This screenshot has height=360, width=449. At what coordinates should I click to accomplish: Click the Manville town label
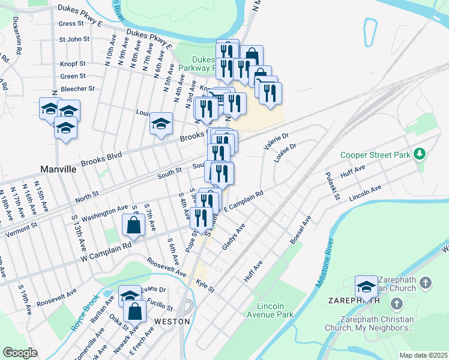[x=58, y=169]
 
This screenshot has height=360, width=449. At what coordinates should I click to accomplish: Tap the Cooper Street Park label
[x=374, y=155]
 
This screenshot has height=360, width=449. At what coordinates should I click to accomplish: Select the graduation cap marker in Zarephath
[x=366, y=286]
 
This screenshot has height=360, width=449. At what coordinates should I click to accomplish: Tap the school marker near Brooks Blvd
[x=161, y=124]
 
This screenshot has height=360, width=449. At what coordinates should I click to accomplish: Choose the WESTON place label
[x=172, y=321]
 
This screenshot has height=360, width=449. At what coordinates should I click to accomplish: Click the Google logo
[x=20, y=353]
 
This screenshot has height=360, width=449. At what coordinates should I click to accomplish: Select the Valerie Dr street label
[x=276, y=142]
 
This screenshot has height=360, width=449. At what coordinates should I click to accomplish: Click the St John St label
[x=74, y=39]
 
